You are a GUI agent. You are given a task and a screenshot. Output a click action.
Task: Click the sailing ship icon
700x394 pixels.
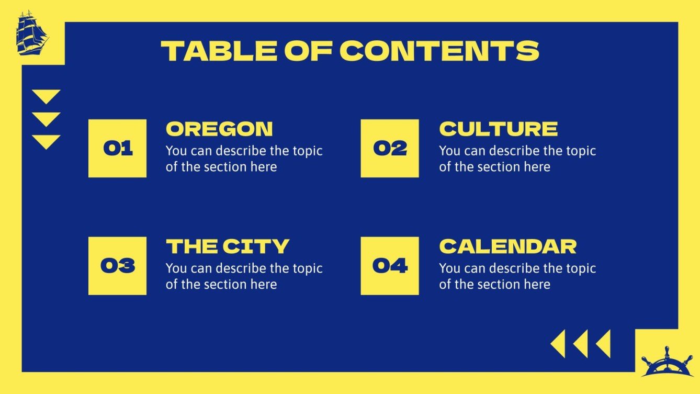(x=32, y=33)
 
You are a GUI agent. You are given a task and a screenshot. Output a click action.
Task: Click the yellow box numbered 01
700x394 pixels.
(x=117, y=149)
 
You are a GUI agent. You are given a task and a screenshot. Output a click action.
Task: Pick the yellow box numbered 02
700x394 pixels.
(x=390, y=149)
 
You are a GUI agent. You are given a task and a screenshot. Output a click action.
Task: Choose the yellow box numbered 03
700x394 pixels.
(x=117, y=266)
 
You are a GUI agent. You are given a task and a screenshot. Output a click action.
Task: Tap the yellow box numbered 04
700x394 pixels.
(x=390, y=266)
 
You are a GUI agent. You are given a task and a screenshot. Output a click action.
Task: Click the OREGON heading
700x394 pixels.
(x=219, y=129)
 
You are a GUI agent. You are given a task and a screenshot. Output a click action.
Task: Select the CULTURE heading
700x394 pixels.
(x=498, y=129)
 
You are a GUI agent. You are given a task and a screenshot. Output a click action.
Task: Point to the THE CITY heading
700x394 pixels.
(x=228, y=246)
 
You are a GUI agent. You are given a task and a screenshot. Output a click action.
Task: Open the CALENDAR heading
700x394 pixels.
(x=507, y=246)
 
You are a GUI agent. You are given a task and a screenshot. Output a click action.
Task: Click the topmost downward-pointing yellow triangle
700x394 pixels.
(x=46, y=96)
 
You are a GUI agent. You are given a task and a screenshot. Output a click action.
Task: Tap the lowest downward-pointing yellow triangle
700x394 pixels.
(x=46, y=141)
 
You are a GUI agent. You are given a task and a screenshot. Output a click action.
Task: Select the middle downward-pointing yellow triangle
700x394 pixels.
(x=46, y=118)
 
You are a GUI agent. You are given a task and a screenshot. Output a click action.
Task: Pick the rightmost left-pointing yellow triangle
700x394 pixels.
(x=604, y=344)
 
